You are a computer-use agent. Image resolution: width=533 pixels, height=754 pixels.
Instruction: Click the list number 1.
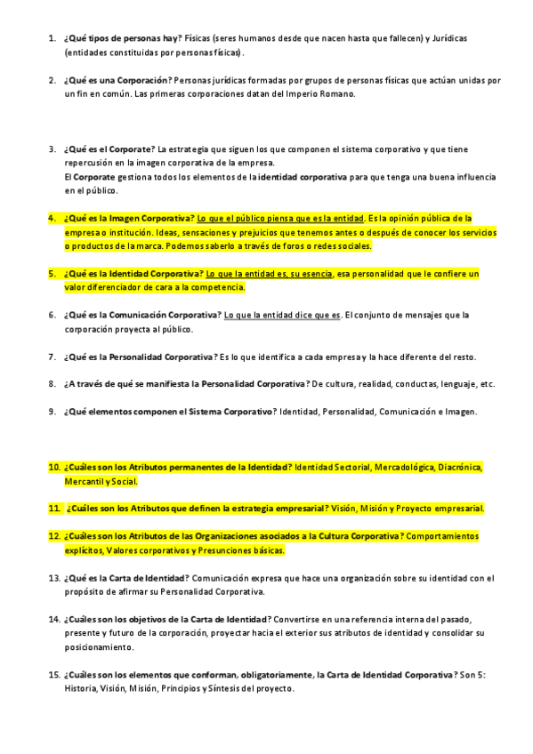[52, 40]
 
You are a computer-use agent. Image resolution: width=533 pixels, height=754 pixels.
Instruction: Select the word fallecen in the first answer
[391, 40]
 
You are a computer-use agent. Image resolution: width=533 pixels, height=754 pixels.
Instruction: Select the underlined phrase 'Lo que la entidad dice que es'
[282, 315]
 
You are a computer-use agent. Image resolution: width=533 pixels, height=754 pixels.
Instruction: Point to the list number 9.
[52, 412]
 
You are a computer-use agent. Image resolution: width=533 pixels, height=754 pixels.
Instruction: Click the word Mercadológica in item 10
[408, 467]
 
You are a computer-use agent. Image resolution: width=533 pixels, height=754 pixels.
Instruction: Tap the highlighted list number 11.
[54, 509]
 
